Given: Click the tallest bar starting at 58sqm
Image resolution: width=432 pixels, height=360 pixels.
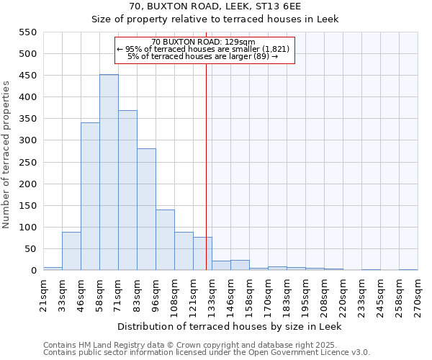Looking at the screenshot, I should (x=109, y=173).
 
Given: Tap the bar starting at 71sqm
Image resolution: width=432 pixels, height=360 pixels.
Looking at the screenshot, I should (x=127, y=191).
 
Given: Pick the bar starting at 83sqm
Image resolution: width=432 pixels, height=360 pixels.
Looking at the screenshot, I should (x=146, y=210).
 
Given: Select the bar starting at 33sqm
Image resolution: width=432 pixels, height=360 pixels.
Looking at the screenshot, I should (x=71, y=251).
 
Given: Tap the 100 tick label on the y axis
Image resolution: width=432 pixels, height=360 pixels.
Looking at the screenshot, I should (x=28, y=228).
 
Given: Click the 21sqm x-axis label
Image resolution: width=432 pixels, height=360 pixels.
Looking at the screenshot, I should (x=44, y=294).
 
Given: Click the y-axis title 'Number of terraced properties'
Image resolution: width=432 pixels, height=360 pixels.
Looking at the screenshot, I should (x=6, y=155).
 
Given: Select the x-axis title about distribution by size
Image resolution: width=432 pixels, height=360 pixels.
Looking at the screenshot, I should (x=230, y=327).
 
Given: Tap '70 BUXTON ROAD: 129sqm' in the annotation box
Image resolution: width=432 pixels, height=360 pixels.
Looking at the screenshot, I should (x=204, y=42).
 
